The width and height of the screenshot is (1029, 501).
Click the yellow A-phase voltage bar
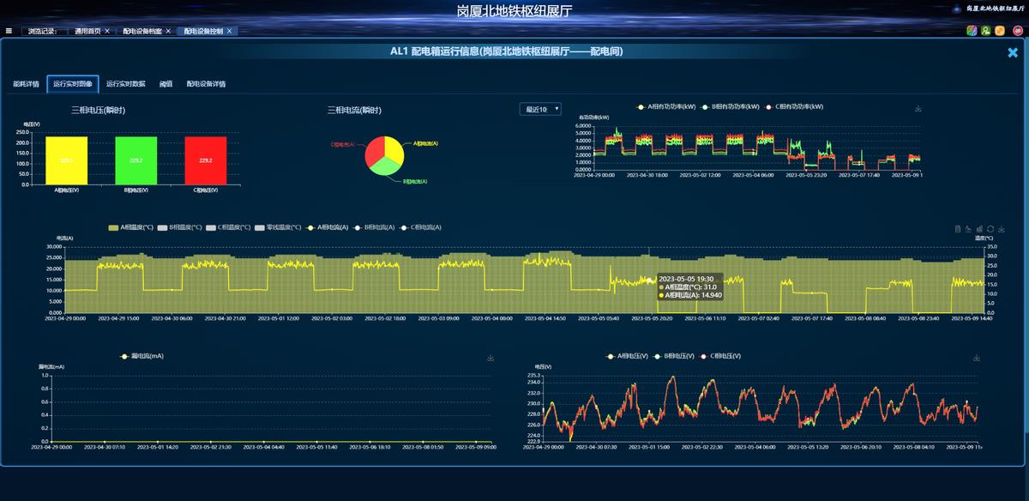pos(67,160)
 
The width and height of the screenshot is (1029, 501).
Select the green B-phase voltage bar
pos(136,160)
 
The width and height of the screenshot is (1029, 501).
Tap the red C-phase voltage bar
pos(206,160)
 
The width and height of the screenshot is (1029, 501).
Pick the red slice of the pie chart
pos(375,154)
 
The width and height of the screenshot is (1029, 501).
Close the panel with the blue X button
pos(1013,52)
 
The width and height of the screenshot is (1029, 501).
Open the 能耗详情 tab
pos(26,84)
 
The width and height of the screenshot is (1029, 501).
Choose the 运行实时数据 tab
pos(127,84)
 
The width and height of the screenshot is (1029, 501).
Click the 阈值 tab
pos(165,84)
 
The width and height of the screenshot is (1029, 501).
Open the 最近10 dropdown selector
pos(540,109)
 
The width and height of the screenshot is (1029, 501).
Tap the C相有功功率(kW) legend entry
pos(794,107)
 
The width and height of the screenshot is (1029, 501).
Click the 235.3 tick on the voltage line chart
pos(533,376)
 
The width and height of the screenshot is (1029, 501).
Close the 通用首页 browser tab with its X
pos(107,31)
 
